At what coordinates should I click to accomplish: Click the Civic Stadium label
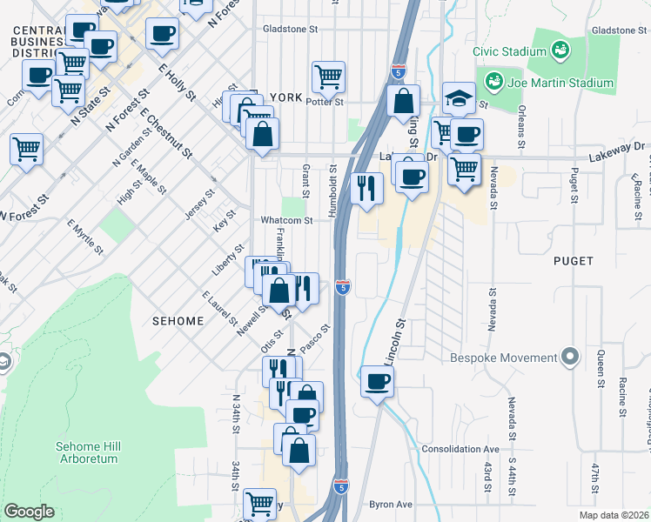pos(508,51)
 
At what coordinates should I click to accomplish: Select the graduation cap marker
pos(458,99)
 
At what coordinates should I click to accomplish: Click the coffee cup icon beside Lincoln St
pos(377,382)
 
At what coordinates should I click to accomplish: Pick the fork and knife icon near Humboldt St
pos(366,189)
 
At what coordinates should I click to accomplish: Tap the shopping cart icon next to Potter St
pos(328,77)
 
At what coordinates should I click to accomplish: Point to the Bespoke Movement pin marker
pos(570,357)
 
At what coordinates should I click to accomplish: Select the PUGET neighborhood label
pos(573,261)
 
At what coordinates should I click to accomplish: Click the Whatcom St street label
pos(286,221)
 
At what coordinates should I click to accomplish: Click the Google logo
pos(29,512)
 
